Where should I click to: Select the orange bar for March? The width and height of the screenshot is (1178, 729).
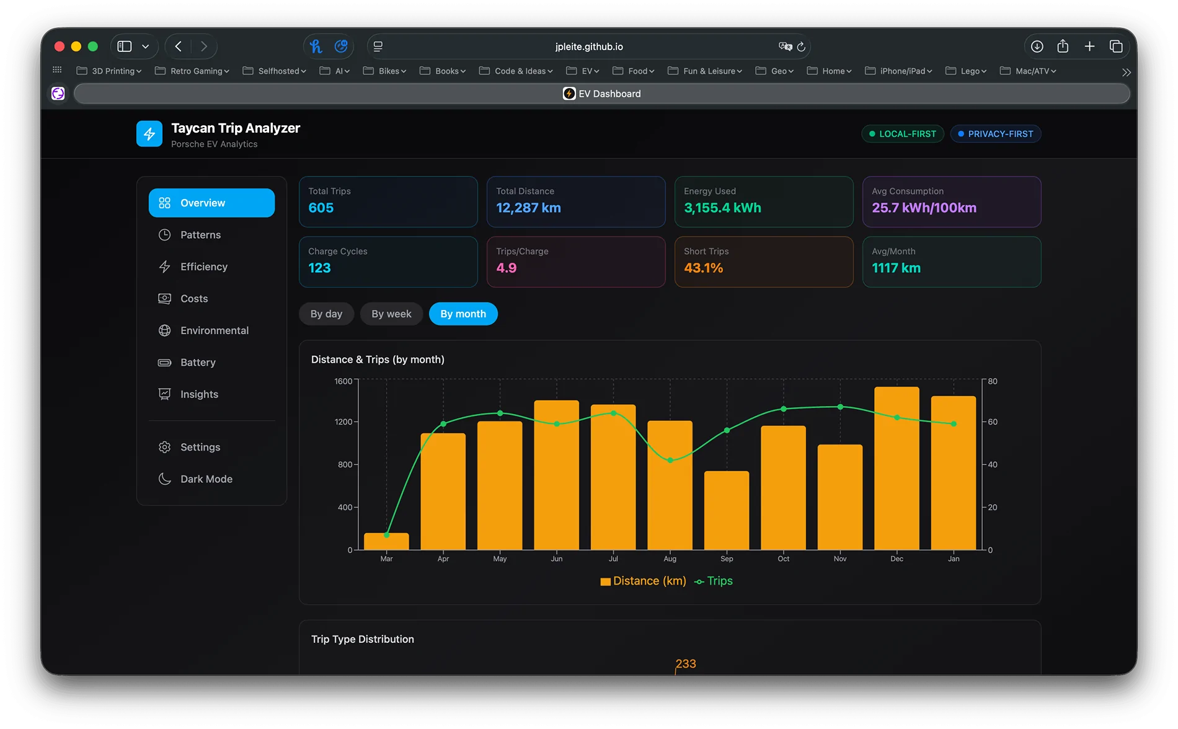point(386,542)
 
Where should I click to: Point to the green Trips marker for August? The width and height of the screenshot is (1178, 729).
point(670,460)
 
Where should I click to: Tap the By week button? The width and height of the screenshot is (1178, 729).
point(391,314)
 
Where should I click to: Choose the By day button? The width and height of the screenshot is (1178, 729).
point(326,314)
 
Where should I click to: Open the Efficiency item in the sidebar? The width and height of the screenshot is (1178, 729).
point(203,267)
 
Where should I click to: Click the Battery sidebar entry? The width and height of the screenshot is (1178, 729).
point(198,363)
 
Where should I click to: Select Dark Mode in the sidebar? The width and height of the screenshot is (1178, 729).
point(206,479)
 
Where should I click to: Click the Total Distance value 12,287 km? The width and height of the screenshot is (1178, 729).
point(528,208)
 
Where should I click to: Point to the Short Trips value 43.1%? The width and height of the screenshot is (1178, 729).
point(703,268)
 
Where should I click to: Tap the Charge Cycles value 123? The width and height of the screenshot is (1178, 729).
point(319,268)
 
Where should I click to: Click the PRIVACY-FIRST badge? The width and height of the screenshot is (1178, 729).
point(995,134)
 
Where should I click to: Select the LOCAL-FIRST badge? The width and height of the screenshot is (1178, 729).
point(902,134)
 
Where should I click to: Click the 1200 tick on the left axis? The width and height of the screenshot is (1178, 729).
point(343,422)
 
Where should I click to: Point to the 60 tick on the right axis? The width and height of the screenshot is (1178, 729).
point(993,422)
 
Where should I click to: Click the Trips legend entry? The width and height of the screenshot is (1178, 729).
point(714,581)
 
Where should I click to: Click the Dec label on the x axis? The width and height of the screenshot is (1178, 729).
point(897,559)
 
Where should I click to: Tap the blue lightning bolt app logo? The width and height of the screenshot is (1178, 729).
point(149,134)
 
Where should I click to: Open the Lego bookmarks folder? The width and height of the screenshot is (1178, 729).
point(965,71)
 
